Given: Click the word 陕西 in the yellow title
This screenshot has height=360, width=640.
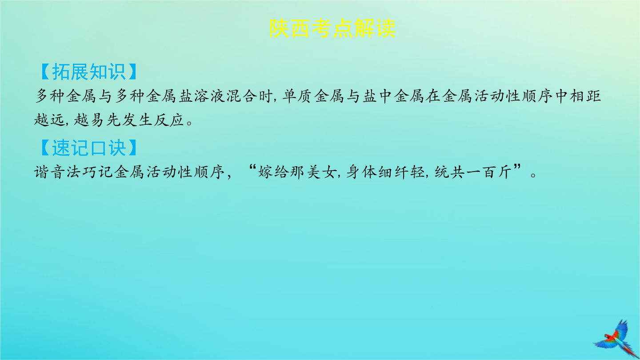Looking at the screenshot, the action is (290, 28).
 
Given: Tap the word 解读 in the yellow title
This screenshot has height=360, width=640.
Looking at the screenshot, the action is (375, 28).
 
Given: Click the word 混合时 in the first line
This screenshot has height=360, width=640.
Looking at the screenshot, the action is (249, 96).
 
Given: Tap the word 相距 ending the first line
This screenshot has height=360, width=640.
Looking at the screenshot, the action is (586, 96).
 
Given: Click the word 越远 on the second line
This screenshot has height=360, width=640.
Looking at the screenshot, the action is (49, 120).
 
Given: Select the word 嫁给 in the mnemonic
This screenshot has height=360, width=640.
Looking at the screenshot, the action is (273, 172).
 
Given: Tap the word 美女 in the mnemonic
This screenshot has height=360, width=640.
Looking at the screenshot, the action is (321, 172).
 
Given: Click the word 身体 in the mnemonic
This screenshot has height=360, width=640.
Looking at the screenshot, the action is (361, 172).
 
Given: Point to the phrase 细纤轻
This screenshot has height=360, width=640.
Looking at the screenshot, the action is (401, 172).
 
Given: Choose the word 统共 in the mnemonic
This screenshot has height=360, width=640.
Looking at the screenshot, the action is (449, 172).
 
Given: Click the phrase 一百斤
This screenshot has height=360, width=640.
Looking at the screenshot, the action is (489, 172).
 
